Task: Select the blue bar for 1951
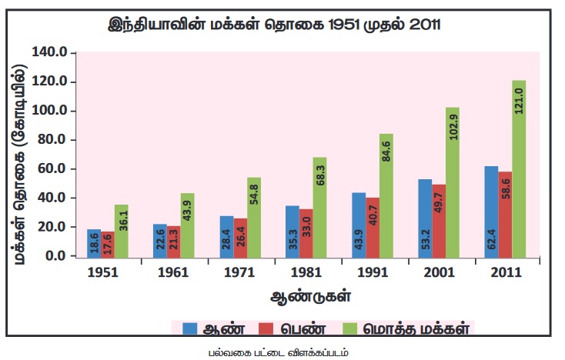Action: (94, 243)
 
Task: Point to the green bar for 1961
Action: (187, 224)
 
